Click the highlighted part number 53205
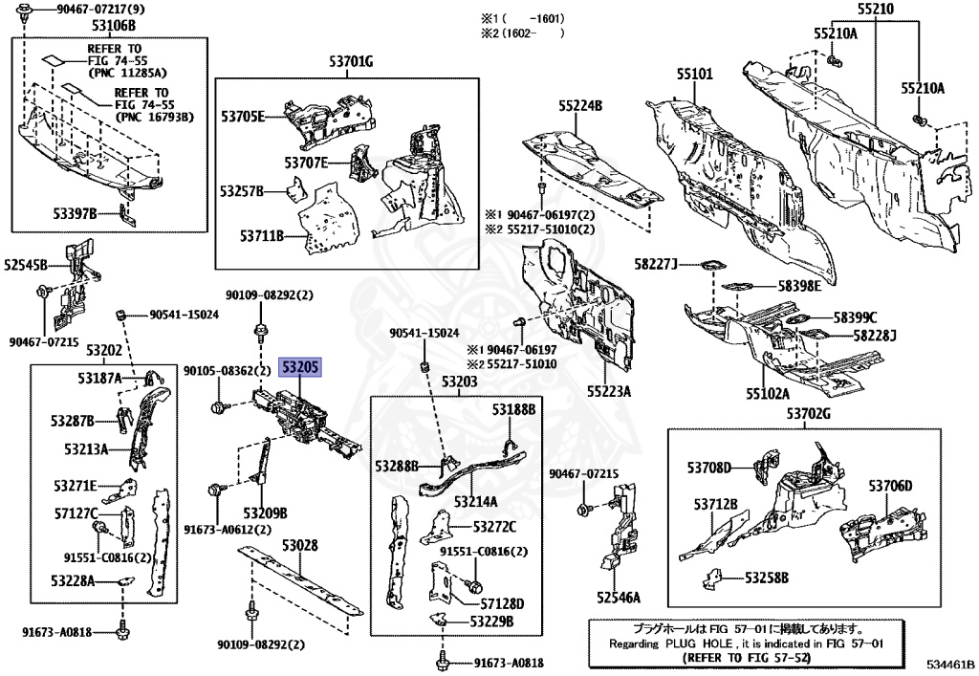coord(299,367)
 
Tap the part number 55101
coord(696,74)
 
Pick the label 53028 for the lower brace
coord(299,545)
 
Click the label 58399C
coord(854,317)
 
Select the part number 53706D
coord(891,486)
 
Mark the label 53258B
coord(767,577)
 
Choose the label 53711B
coord(262,234)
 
